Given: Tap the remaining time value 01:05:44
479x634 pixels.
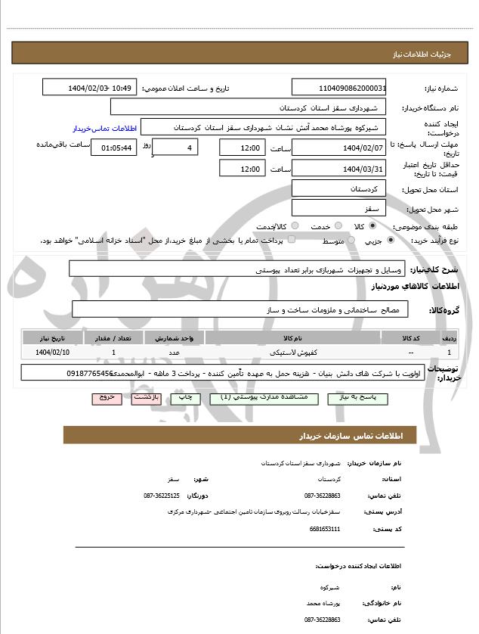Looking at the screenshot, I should [x=113, y=147].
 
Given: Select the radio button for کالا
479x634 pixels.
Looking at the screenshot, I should [x=371, y=226].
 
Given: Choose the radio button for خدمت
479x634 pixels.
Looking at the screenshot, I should [x=338, y=226].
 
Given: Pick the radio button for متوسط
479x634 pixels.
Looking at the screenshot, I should [x=349, y=241].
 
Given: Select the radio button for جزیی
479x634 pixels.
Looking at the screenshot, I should [x=390, y=241].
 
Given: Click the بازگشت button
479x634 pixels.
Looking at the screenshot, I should [x=147, y=396].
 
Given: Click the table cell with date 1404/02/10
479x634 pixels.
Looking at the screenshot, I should [x=53, y=352].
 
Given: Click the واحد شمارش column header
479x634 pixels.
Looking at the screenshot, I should [x=174, y=337].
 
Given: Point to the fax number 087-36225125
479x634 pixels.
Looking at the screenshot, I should [x=161, y=496].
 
